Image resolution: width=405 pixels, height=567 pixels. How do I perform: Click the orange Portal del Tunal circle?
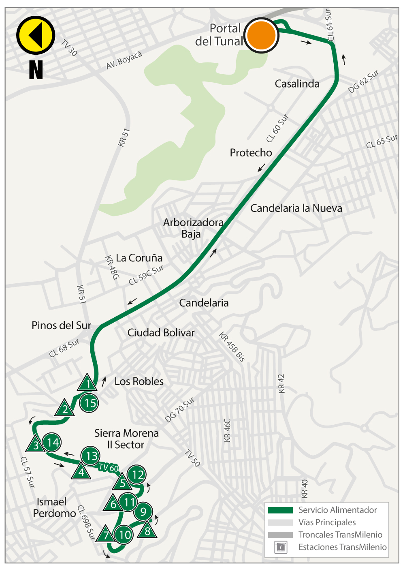point(262,35)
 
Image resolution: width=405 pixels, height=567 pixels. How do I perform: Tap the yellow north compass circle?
point(36,35)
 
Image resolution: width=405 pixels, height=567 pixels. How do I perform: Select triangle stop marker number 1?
point(87,383)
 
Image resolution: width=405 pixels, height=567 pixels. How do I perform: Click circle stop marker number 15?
point(90,403)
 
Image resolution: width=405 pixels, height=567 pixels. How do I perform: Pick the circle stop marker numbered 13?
point(91,456)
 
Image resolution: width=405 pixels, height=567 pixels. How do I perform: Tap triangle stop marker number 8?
point(147,530)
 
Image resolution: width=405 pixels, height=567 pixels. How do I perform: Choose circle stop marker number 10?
point(124,535)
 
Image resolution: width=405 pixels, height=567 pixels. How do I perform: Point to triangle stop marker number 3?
point(36,445)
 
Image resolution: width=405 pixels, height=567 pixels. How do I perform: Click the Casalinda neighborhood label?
point(297,84)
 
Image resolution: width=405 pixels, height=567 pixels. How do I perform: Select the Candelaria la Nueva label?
point(296,208)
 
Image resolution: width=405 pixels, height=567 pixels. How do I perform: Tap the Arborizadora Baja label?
point(193,228)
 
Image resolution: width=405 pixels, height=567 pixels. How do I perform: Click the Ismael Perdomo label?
point(54,508)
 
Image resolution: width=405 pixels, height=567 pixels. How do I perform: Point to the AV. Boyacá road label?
point(124,60)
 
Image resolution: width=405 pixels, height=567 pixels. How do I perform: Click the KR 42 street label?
point(281,383)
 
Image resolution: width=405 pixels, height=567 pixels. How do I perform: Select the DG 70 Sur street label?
point(179,410)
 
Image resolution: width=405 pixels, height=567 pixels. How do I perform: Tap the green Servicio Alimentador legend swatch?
point(280,510)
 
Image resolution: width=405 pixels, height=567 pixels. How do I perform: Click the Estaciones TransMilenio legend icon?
point(281,547)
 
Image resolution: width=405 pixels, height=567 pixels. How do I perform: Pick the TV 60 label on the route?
point(109,468)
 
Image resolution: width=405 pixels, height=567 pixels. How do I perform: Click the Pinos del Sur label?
point(61,325)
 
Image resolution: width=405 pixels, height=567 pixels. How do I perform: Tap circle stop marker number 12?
point(137,475)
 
